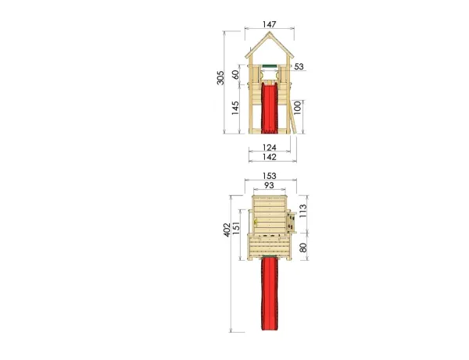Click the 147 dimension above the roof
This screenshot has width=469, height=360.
(270, 24)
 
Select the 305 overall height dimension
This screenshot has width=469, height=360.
(220, 78)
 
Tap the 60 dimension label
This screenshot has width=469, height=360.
(236, 75)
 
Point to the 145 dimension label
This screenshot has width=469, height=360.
(235, 108)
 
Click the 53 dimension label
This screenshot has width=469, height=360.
(299, 66)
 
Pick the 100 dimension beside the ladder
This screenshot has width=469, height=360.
(297, 108)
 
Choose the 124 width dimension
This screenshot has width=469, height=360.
(270, 148)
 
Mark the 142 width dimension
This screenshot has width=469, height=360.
(270, 157)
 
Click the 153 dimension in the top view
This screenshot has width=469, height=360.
(270, 176)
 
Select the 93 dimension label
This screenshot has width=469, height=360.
(269, 185)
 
